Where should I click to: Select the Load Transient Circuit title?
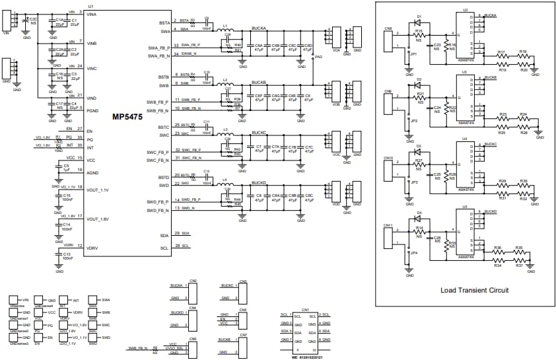click(x=474, y=290)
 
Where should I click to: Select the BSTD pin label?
click(x=164, y=177)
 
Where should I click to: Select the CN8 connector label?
click(x=388, y=29)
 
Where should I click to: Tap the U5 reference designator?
click(x=465, y=206)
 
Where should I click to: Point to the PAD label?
click(x=320, y=57)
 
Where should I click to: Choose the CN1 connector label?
click(x=305, y=309)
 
